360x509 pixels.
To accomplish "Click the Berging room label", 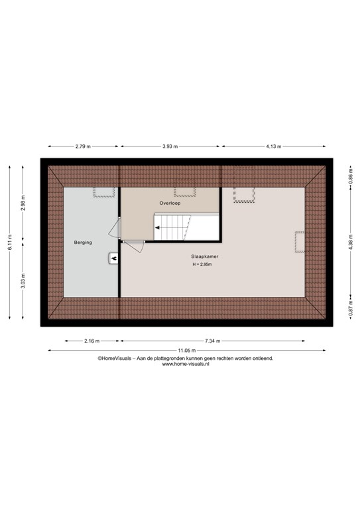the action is (x=83, y=243).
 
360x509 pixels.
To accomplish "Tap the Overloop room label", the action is (x=170, y=203).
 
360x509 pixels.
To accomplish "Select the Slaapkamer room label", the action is (x=204, y=256).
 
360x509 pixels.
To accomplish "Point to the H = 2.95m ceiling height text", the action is (x=202, y=264).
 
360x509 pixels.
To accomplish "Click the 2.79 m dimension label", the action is (x=83, y=146).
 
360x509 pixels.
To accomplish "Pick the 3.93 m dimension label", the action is (x=170, y=146).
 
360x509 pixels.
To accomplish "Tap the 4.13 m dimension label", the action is (x=274, y=146).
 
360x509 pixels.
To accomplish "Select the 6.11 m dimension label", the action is (x=10, y=242).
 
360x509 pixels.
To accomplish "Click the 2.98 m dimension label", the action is (x=23, y=203).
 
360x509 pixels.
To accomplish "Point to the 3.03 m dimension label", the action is (x=23, y=281).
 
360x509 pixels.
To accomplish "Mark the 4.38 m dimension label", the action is (x=351, y=242).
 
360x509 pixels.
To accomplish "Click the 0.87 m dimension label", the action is (x=351, y=308).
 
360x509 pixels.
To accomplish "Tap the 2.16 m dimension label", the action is (x=92, y=341).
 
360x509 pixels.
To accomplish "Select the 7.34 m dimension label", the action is (x=213, y=341).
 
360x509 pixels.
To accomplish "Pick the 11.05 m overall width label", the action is (x=187, y=351).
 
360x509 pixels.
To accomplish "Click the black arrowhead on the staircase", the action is (x=157, y=228).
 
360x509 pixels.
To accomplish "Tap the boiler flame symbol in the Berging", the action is (x=114, y=258).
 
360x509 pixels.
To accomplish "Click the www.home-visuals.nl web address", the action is (x=186, y=365).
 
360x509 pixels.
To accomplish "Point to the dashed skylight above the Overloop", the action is (x=185, y=188).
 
